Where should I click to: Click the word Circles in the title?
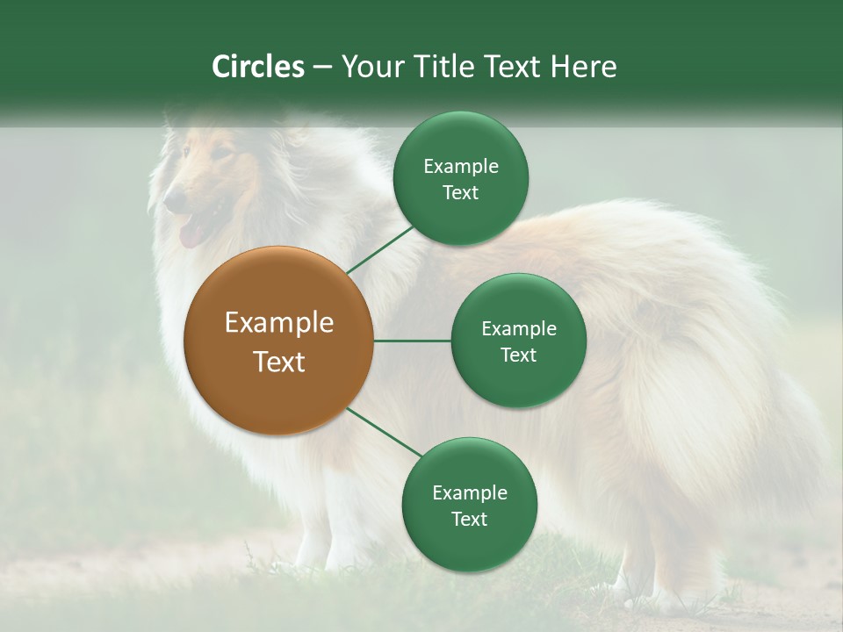click(x=258, y=67)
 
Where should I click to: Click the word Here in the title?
click(x=583, y=67)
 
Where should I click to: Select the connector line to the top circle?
click(x=379, y=249)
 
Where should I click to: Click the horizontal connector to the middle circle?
click(x=412, y=341)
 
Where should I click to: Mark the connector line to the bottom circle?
click(x=385, y=433)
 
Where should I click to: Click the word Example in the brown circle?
click(x=279, y=323)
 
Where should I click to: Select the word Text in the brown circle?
click(x=279, y=362)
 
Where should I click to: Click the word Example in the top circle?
click(x=461, y=167)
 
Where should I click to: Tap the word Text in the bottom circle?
click(x=469, y=519)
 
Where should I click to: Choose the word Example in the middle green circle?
click(x=518, y=329)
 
